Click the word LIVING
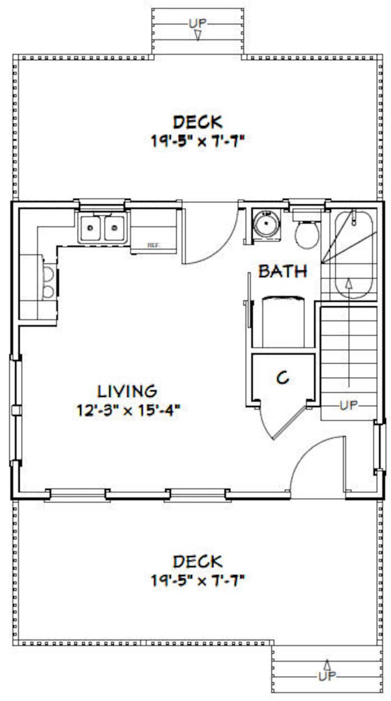(x=127, y=391)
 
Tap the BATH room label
(x=283, y=271)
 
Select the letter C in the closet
(x=282, y=378)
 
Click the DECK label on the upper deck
(x=197, y=121)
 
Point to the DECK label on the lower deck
(x=197, y=561)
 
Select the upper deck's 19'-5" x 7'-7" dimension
(x=197, y=141)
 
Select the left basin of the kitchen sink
(x=91, y=228)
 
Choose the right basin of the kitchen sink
(x=114, y=228)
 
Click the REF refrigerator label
(x=154, y=245)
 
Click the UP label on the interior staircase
(x=348, y=405)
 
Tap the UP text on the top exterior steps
(x=197, y=23)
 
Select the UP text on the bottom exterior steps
(x=327, y=676)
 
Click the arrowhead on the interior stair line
(x=349, y=284)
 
